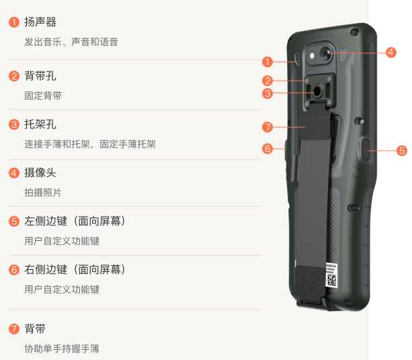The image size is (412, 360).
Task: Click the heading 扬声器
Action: click(x=40, y=22)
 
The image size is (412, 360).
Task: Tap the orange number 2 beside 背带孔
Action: click(x=14, y=76)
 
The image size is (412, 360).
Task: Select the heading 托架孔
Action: click(x=40, y=124)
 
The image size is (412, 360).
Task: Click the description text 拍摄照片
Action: click(x=43, y=192)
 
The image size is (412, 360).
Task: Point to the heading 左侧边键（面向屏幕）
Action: click(x=75, y=221)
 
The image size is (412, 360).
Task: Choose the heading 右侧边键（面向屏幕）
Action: click(x=75, y=269)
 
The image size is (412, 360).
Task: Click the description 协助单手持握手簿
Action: click(x=62, y=349)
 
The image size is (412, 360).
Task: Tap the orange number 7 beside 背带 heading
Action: click(x=14, y=329)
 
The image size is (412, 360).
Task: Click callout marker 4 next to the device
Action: click(x=390, y=52)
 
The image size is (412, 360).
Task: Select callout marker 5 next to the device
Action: click(x=402, y=151)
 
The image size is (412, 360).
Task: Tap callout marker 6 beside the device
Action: click(x=267, y=149)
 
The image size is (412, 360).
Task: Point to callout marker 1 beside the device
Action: click(x=267, y=62)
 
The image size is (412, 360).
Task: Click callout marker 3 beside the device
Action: click(x=267, y=94)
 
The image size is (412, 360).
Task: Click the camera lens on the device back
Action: click(x=327, y=54)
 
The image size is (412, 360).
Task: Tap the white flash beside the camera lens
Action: click(x=312, y=56)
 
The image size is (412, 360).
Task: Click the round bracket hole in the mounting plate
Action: click(x=317, y=91)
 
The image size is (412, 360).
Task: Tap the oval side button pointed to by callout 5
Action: click(x=366, y=149)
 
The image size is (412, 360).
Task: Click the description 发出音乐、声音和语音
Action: click(x=71, y=42)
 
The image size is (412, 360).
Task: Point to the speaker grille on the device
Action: click(x=298, y=59)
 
